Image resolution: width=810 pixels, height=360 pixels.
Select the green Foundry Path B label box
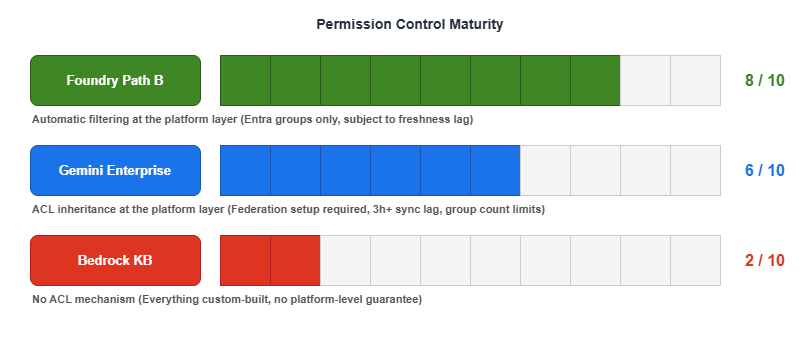click(115, 80)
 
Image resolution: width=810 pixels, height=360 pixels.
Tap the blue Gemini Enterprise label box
click(115, 170)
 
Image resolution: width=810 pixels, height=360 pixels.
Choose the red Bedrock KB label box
click(115, 260)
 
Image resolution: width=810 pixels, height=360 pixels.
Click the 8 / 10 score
click(765, 80)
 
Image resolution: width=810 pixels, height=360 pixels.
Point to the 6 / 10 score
click(765, 170)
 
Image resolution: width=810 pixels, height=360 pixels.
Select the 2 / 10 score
click(765, 260)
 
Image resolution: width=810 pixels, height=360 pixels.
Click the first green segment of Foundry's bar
click(245, 80)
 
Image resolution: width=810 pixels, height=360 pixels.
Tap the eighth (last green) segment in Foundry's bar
click(595, 80)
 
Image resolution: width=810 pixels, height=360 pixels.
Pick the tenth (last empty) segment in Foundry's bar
click(695, 80)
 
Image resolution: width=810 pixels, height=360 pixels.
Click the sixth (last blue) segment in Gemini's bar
click(495, 170)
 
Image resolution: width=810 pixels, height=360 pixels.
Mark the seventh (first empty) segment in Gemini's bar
click(545, 170)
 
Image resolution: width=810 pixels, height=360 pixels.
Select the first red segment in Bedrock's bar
click(245, 260)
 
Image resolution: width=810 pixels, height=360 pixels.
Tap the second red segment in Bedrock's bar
click(295, 260)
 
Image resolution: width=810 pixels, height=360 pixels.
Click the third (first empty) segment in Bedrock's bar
click(345, 260)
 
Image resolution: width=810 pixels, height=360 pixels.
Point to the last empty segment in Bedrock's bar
click(695, 260)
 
